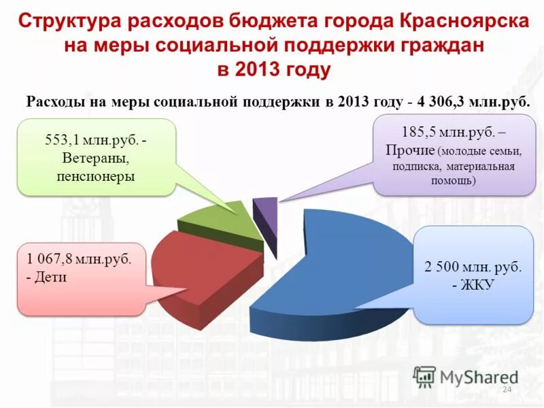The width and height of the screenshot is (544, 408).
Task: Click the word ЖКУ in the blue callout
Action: [476, 286]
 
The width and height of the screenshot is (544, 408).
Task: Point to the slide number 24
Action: [506, 389]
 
